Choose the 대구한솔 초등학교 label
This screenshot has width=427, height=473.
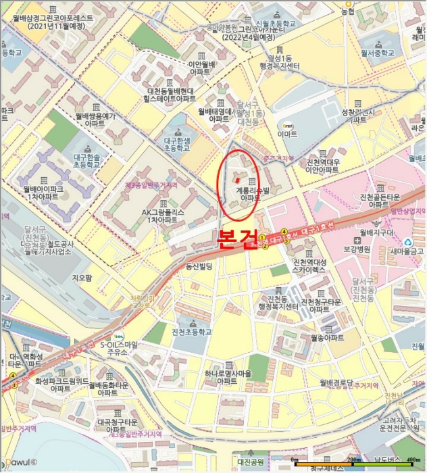[86, 160]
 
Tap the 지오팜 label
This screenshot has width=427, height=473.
[81, 277]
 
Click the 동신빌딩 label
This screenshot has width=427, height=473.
[199, 267]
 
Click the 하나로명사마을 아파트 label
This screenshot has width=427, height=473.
[228, 378]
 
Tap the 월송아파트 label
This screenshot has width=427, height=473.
[327, 337]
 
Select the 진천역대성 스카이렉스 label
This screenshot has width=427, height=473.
[309, 266]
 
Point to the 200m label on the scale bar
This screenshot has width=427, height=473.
[354, 460]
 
